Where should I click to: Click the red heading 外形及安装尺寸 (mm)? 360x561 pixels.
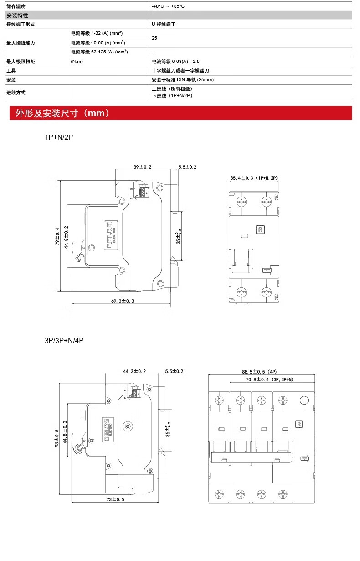[x=62, y=113]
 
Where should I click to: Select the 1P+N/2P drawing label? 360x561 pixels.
[x=58, y=137]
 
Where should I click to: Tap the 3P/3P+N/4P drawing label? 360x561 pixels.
[x=64, y=340]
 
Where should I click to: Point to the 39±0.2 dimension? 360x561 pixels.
[x=143, y=167]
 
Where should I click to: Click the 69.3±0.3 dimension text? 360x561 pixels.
[x=123, y=301]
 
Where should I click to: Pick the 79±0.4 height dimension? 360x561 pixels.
[x=57, y=236]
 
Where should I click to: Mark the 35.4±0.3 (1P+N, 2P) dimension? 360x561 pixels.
[x=254, y=177]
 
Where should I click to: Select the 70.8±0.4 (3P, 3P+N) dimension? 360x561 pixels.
[x=269, y=379]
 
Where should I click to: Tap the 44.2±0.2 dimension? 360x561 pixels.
[x=134, y=371]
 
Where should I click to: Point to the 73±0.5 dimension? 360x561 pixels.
[x=115, y=499]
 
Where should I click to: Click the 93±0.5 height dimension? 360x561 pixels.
[x=57, y=438]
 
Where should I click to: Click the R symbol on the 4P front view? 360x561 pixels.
[x=299, y=423]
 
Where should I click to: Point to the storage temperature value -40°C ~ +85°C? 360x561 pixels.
[x=168, y=6]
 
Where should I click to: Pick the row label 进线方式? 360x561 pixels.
[x=16, y=93]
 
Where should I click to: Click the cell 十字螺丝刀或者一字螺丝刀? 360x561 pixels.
[x=180, y=71]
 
